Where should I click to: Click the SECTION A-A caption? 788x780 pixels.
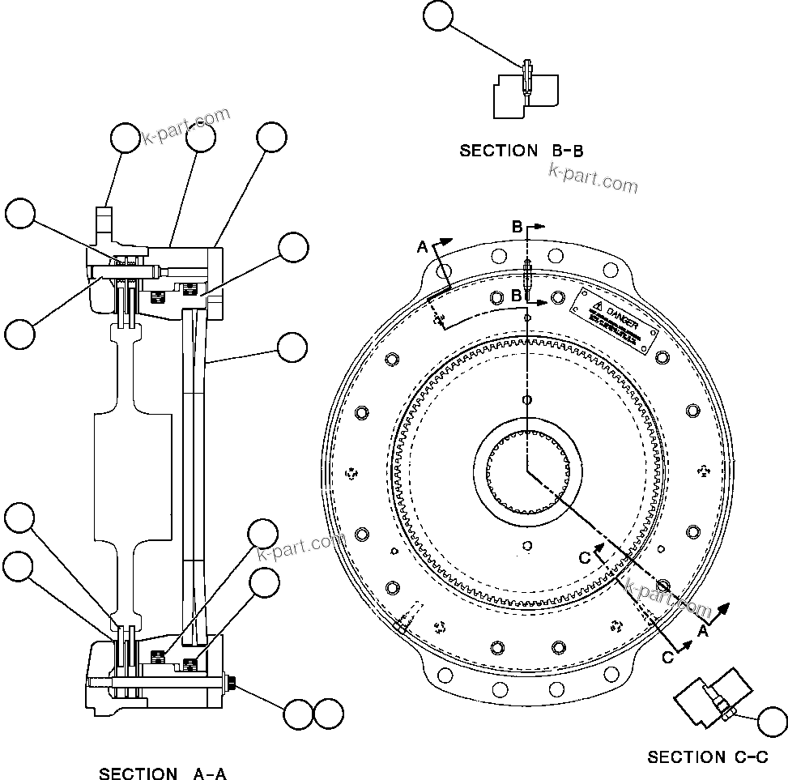tap(162, 774)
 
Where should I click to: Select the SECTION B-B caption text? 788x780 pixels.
tap(522, 151)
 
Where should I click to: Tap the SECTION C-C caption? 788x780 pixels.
tap(708, 757)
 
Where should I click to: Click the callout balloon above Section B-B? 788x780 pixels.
tap(438, 16)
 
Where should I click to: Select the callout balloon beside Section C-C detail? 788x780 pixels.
tap(771, 718)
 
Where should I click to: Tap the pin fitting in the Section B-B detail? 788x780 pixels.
tap(527, 77)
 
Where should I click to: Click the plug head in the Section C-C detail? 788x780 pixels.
tap(726, 713)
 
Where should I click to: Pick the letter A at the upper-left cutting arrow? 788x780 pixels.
tap(422, 247)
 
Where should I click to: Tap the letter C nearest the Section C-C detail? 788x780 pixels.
tap(668, 658)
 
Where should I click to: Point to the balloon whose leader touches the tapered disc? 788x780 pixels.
tap(292, 347)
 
